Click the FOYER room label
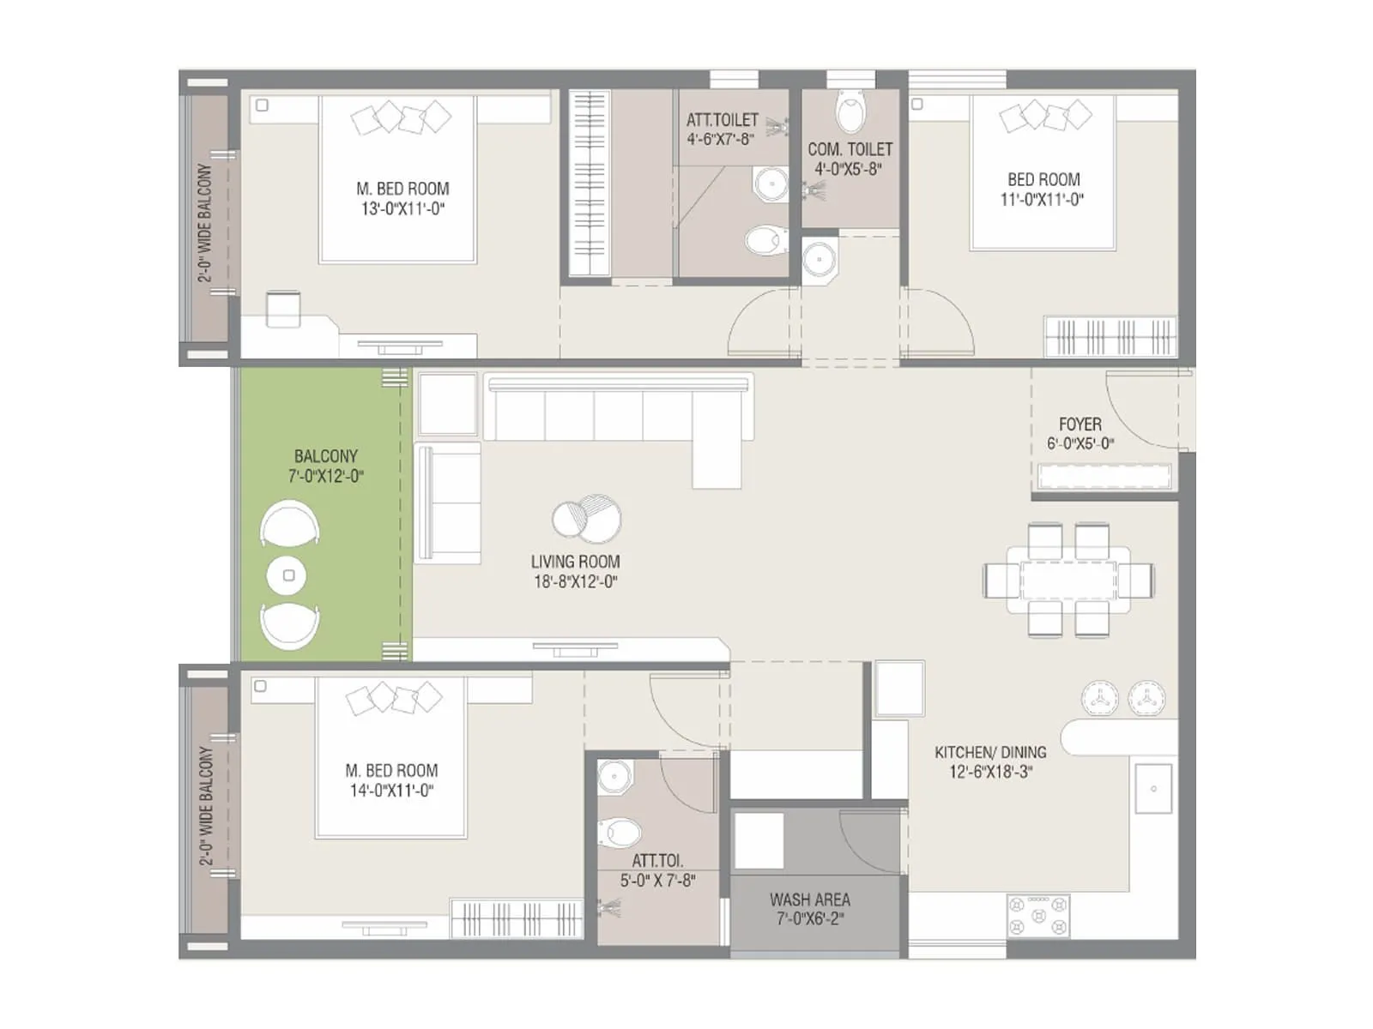[1080, 424]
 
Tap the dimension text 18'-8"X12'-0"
[575, 582]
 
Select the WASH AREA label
[809, 900]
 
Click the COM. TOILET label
[850, 149]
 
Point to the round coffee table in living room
[586, 519]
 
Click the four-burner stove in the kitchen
[1038, 916]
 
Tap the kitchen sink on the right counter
[1153, 788]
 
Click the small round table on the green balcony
[289, 575]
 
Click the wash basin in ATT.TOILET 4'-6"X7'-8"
[771, 184]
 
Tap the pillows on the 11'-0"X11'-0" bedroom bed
[1044, 116]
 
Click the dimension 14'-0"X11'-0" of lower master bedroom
[391, 791]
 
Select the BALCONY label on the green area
[325, 456]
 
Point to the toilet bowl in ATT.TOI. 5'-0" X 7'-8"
[620, 832]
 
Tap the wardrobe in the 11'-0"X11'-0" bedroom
[1110, 335]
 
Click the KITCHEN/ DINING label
[990, 752]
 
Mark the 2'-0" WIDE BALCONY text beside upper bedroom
[204, 223]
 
